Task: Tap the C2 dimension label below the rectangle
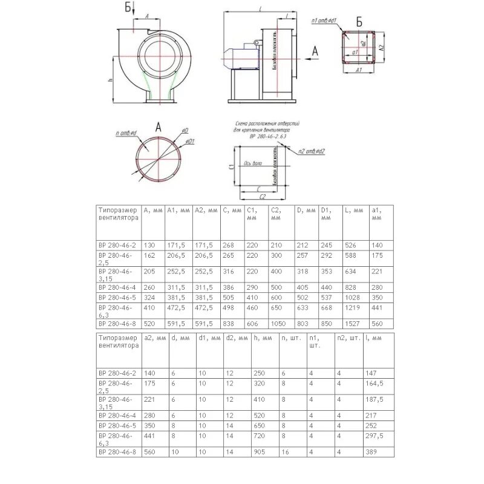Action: (x=263, y=197)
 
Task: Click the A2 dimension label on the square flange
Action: (x=381, y=47)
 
